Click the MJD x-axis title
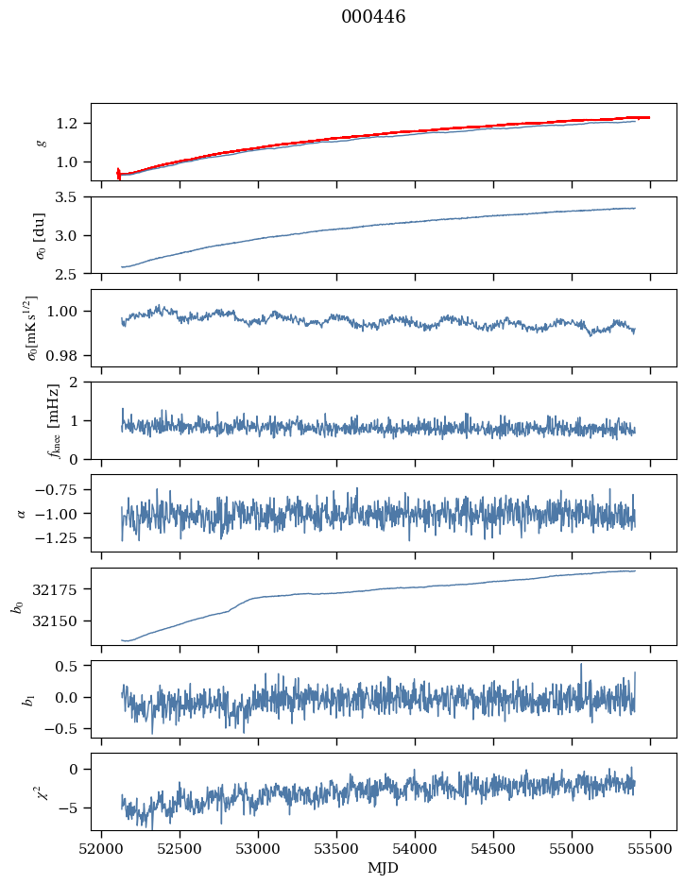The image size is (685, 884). pos(383,868)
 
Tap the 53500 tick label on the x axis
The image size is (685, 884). pos(336,849)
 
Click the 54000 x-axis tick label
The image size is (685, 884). pos(415,849)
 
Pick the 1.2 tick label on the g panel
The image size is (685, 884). pos(72,124)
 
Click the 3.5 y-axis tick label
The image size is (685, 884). pos(72,197)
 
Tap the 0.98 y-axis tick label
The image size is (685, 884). pos(68,356)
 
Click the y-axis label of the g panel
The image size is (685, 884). pos(40,142)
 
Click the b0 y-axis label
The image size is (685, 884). pos(16,606)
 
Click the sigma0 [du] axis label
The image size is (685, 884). pos(40,234)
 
